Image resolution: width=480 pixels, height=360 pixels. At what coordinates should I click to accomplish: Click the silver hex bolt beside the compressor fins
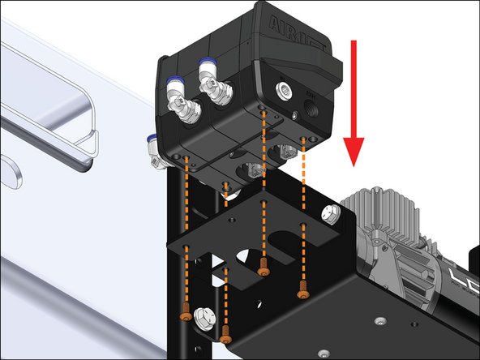pyautogui.click(x=330, y=215)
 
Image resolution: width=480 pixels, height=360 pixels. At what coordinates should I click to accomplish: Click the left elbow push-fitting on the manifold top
pyautogui.click(x=181, y=101)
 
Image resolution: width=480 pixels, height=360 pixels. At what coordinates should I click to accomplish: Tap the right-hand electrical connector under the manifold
pyautogui.click(x=285, y=152)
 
